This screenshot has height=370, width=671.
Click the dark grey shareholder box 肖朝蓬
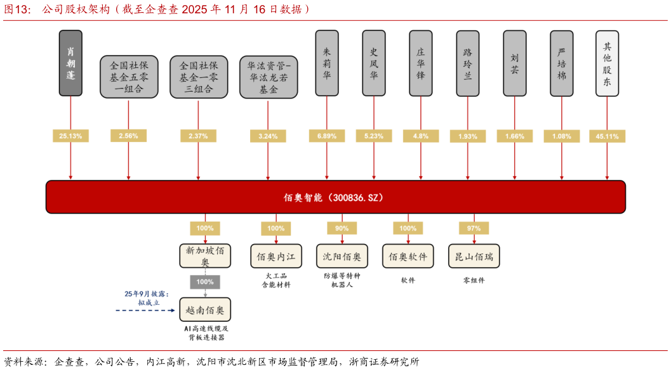click(70, 63)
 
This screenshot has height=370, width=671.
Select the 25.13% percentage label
click(70, 136)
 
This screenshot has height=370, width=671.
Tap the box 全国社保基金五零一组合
click(129, 77)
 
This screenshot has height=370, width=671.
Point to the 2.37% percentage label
click(198, 136)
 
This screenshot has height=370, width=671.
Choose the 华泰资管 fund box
click(268, 77)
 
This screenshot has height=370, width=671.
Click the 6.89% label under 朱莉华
click(327, 136)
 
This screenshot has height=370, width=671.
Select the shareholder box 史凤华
click(373, 63)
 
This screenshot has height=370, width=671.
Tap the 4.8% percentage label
click(420, 136)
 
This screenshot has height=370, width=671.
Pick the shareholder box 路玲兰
click(468, 63)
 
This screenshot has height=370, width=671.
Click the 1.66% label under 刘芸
click(515, 136)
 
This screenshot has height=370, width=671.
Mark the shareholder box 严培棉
click(561, 63)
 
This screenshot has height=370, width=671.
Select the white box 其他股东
click(607, 63)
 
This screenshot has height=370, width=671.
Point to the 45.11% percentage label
click(607, 136)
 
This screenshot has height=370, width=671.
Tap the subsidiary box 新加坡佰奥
click(204, 256)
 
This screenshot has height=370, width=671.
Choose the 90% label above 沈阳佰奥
click(342, 228)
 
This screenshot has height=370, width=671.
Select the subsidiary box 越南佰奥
click(204, 310)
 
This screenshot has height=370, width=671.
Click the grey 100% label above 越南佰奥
click(204, 282)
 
